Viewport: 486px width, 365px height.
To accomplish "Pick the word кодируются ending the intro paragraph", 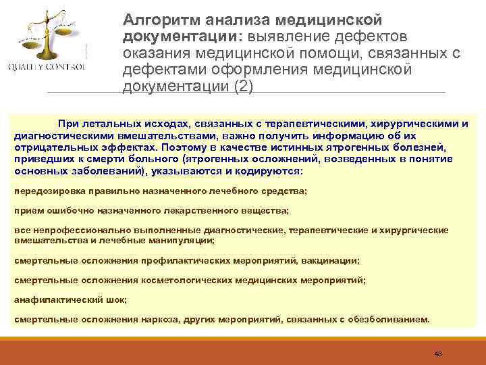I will point(277,171).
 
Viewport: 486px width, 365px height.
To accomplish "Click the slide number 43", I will point(437,354).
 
